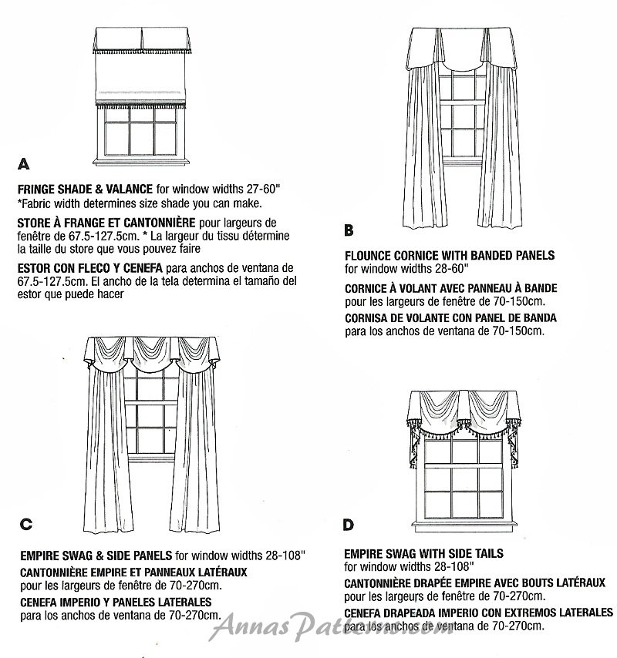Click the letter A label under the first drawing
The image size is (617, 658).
click(x=23, y=164)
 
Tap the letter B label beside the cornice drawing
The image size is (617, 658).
click(x=349, y=230)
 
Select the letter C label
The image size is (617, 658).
click(x=25, y=525)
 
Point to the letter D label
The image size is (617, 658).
click(x=349, y=525)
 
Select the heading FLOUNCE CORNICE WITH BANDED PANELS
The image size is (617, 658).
click(x=450, y=255)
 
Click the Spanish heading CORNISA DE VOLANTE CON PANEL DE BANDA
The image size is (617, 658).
click(x=450, y=317)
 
